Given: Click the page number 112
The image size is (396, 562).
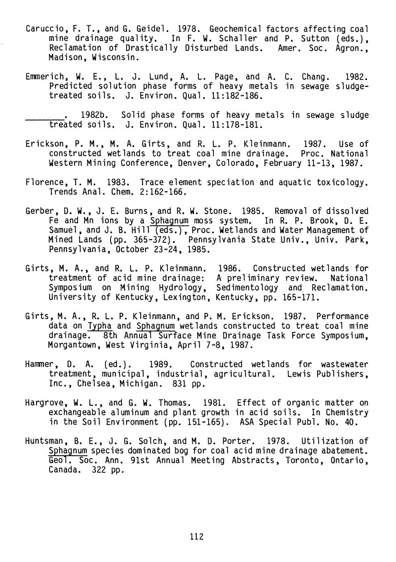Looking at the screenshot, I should point(196,536).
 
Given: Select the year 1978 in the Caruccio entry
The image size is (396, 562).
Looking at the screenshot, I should point(188,29).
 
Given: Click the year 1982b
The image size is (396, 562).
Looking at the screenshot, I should point(94,115).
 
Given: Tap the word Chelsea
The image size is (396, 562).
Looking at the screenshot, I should point(91,384).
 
